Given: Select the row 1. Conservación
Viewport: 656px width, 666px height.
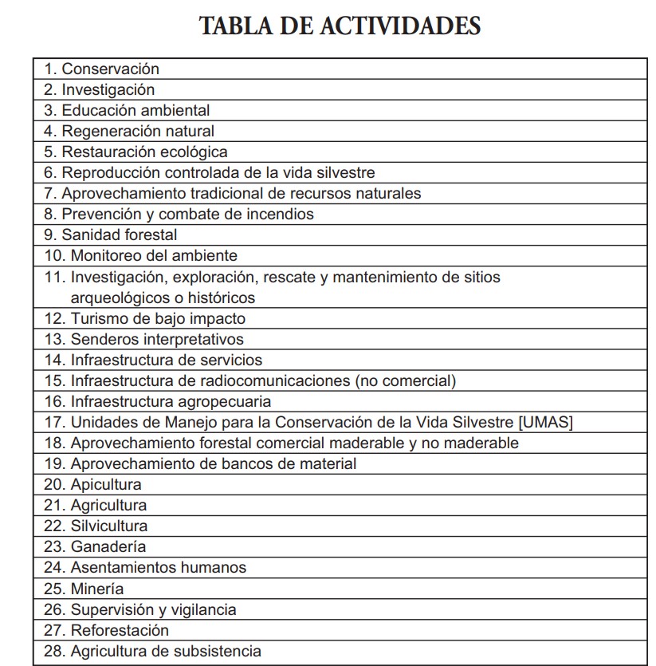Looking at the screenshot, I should click(101, 69).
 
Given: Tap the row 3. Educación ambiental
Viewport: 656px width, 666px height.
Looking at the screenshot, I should click(127, 110).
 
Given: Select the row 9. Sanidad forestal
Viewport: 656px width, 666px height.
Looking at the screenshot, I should click(110, 234).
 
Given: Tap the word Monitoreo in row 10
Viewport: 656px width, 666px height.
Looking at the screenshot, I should click(104, 255).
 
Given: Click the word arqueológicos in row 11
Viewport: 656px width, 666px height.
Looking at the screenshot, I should click(116, 298).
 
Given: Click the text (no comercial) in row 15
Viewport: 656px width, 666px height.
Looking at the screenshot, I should click(407, 380).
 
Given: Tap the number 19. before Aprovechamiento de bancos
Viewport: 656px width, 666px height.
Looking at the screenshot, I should click(55, 463).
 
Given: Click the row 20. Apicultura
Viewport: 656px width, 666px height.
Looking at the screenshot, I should click(92, 484).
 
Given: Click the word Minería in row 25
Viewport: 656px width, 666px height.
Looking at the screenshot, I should click(97, 589).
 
